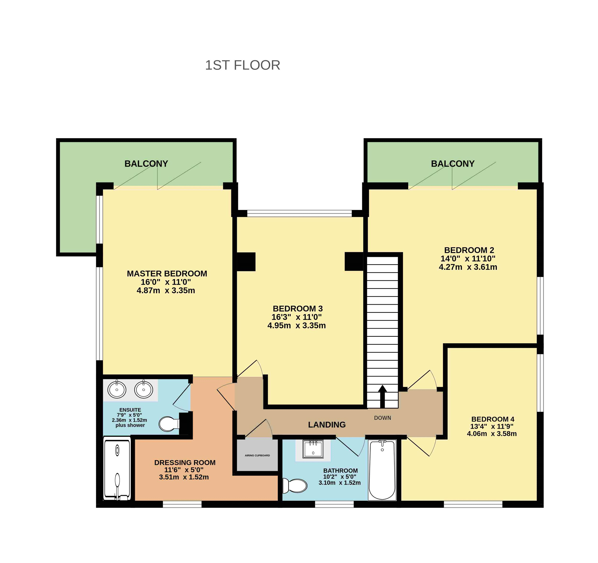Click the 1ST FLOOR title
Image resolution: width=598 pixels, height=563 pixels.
click(243, 65)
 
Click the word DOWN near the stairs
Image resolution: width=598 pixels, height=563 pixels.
click(382, 418)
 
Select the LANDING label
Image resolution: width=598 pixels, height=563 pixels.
click(327, 424)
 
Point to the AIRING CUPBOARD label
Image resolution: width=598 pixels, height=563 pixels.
click(257, 455)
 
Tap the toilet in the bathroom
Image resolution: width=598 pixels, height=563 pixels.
click(294, 486)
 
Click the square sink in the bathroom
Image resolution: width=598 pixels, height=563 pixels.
click(313, 449)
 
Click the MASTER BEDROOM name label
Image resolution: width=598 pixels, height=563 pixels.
click(167, 273)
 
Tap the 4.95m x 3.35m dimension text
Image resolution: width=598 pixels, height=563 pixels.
click(297, 325)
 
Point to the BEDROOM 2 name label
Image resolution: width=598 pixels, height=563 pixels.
click(469, 250)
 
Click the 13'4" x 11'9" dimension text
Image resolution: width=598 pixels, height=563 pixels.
click(492, 426)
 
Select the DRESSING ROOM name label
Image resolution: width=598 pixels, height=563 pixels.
click(185, 463)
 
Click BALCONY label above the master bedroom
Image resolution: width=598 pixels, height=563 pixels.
click(146, 164)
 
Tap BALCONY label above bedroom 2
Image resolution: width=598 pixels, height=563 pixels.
click(453, 164)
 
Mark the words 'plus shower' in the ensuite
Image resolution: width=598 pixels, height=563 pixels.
click(130, 425)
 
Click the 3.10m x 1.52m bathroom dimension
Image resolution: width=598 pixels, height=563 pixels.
click(340, 483)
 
